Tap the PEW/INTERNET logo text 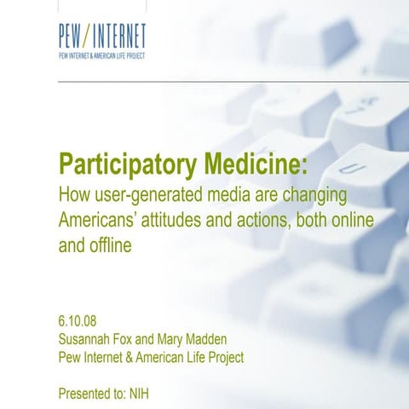pyautogui.click(x=102, y=37)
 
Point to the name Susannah pyautogui.click(x=91, y=338)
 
